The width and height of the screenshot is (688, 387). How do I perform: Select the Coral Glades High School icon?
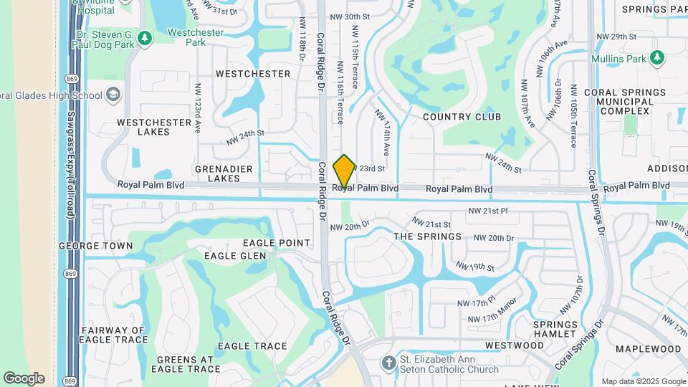(x=113, y=95)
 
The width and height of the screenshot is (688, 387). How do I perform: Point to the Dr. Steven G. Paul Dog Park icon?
(x=145, y=37)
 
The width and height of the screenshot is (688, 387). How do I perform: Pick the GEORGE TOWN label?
(x=95, y=246)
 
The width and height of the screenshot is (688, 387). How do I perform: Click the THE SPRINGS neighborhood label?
(x=428, y=236)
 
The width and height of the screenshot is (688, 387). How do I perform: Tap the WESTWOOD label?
(x=515, y=345)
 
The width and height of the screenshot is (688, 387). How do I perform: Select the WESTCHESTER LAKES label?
(x=154, y=127)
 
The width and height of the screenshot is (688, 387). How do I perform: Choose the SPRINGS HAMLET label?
(x=555, y=329)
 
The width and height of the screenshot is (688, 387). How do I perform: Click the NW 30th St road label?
(x=350, y=16)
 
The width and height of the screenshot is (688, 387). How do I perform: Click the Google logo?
(x=24, y=378)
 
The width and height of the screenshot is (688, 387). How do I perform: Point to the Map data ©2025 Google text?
(x=643, y=381)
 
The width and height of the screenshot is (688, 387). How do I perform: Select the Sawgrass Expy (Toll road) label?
(x=71, y=175)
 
